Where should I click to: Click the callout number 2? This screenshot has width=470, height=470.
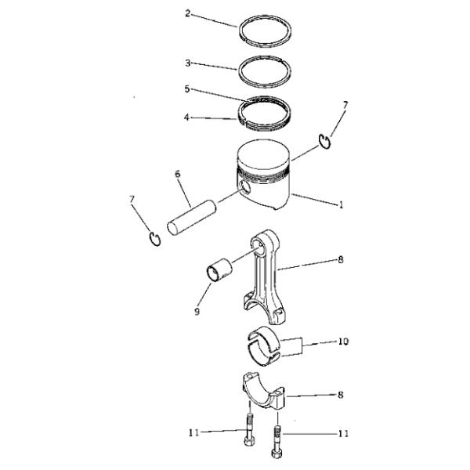click(188, 13)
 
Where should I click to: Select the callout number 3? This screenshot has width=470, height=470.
click(188, 63)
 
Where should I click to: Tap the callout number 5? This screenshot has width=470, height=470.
click(187, 89)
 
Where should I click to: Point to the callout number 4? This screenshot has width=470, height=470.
click(186, 117)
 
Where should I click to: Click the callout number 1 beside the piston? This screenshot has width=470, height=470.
click(341, 204)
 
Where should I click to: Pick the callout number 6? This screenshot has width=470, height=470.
click(178, 174)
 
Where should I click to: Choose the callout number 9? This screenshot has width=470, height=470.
click(197, 312)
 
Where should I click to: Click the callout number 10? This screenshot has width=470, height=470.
click(344, 342)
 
